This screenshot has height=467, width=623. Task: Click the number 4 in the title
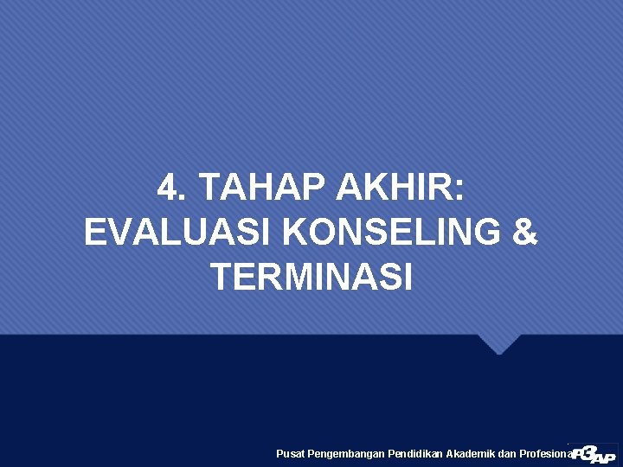pyautogui.click(x=167, y=187)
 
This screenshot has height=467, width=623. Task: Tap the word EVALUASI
pyautogui.click(x=177, y=233)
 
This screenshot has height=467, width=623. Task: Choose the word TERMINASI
pyautogui.click(x=311, y=278)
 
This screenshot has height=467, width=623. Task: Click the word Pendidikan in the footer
pyautogui.click(x=415, y=454)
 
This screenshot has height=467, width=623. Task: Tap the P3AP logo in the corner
pyautogui.click(x=594, y=452)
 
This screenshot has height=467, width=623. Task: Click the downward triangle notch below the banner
pyautogui.click(x=499, y=343)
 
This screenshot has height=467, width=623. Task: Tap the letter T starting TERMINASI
pyautogui.click(x=221, y=278)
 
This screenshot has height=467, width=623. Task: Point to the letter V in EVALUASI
pyautogui.click(x=125, y=233)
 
